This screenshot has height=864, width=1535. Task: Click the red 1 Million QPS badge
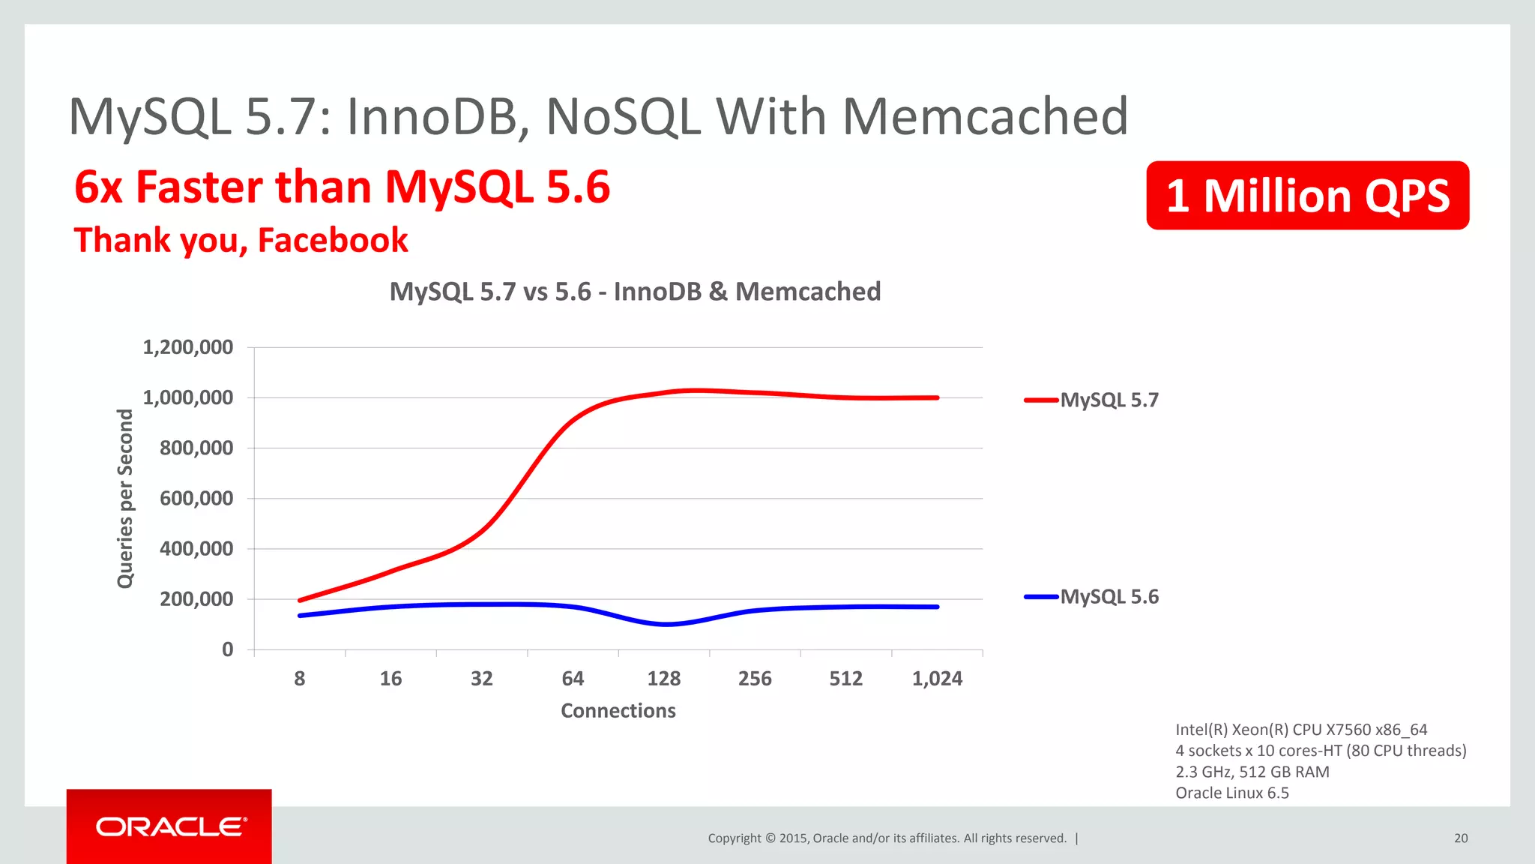1307,196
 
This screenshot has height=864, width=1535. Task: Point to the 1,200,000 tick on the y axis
188,347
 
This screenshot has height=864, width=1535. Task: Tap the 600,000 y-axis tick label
196,499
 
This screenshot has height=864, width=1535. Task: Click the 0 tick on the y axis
228,649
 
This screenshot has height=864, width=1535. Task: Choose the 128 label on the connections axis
664,679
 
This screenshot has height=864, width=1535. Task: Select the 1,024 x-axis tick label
937,679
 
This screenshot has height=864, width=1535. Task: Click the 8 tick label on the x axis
300,679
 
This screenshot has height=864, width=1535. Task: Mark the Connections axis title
618,710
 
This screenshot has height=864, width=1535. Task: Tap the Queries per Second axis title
125,499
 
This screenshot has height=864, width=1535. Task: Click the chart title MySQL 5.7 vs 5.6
635,291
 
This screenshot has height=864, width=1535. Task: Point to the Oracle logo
170,826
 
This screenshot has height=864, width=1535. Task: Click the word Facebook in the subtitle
333,241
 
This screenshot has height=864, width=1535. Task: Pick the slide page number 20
1461,838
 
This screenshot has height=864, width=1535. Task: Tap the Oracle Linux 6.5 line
1232,793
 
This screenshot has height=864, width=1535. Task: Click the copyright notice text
887,838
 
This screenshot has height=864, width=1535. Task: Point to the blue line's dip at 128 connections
666,624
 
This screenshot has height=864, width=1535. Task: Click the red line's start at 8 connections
300,600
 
